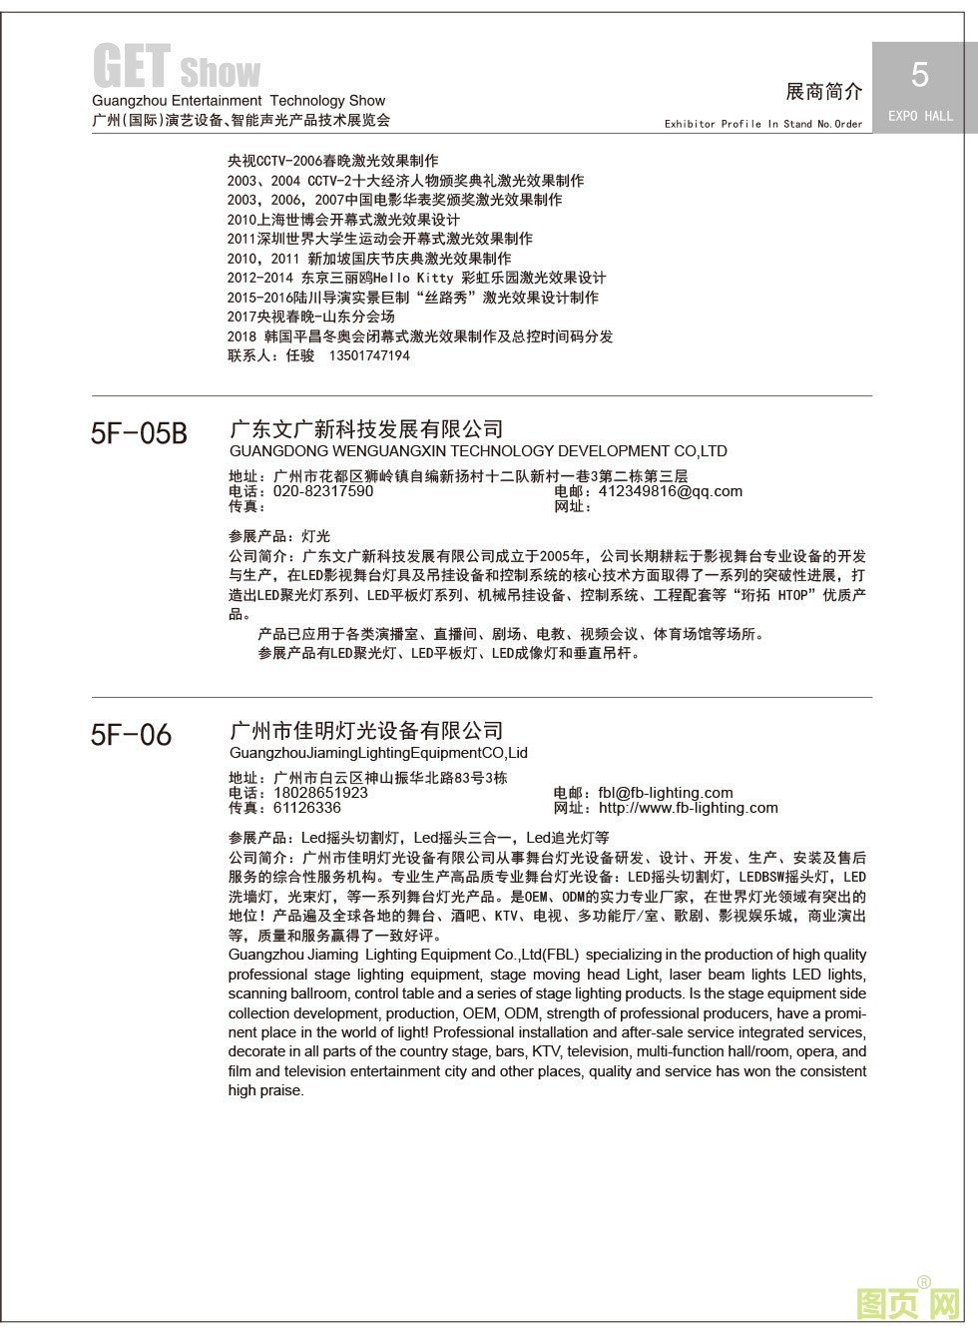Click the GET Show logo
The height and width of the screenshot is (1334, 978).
coord(177,68)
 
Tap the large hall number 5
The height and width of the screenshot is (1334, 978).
coord(920,75)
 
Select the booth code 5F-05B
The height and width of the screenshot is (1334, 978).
coord(139,433)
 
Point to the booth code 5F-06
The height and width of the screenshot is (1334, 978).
coord(131,735)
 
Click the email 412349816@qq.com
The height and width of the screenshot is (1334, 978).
coord(671,491)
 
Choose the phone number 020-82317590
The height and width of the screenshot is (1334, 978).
coord(323,491)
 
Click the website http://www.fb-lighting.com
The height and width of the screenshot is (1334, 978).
coord(688,808)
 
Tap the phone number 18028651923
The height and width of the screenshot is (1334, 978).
coord(320,793)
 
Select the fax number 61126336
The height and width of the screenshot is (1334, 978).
coord(306,808)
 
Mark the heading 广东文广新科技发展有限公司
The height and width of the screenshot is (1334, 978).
coord(366,429)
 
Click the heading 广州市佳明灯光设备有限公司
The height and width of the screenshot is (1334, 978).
coord(366,731)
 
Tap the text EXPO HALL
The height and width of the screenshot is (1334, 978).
coord(920,116)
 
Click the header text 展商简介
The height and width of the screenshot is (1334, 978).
coord(824,92)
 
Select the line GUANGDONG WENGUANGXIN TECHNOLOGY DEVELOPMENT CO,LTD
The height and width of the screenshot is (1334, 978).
coord(478,451)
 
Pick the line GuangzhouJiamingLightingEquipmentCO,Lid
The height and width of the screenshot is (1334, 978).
coord(378,753)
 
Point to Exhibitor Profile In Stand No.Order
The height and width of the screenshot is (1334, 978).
coord(763,124)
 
